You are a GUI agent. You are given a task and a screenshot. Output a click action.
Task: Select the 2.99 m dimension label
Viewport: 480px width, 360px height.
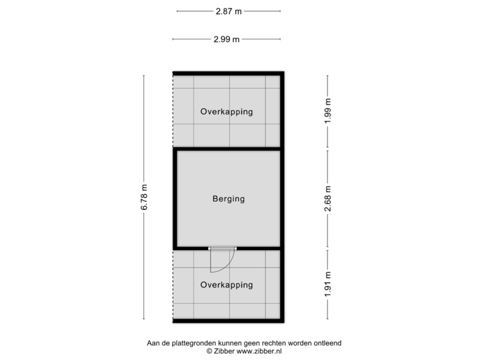227,39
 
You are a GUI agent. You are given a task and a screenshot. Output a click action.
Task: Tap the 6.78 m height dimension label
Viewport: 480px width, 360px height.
144,197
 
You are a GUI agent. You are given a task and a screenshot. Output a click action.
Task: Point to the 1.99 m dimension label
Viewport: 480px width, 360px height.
327,111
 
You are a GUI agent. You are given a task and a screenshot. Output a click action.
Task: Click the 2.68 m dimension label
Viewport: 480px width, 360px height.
327,199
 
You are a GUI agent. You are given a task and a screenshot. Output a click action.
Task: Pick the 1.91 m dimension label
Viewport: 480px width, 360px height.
327,285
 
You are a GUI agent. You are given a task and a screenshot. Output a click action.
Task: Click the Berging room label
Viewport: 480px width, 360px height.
229,199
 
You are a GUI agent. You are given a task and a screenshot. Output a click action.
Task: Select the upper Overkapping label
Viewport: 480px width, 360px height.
227,112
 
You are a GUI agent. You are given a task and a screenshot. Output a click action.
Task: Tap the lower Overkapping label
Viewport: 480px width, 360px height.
227,285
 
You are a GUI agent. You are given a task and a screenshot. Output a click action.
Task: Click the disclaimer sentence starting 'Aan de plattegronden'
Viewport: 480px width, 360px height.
244,343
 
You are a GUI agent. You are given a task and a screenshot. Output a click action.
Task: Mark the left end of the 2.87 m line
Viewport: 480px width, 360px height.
177,11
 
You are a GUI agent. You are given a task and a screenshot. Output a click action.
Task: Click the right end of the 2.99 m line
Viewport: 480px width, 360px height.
281,39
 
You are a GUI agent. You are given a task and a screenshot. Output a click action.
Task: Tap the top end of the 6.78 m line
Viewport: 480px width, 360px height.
144,75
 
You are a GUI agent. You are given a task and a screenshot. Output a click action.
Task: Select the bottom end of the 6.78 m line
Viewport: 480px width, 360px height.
144,319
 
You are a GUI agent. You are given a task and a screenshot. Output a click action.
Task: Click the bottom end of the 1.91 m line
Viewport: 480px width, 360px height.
327,319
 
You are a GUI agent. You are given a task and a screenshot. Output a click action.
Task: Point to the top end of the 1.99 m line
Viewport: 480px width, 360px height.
327,75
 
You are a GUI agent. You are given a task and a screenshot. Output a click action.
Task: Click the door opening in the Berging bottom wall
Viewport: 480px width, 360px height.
223,248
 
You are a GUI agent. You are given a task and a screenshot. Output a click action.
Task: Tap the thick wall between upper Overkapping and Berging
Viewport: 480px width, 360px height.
227,149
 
